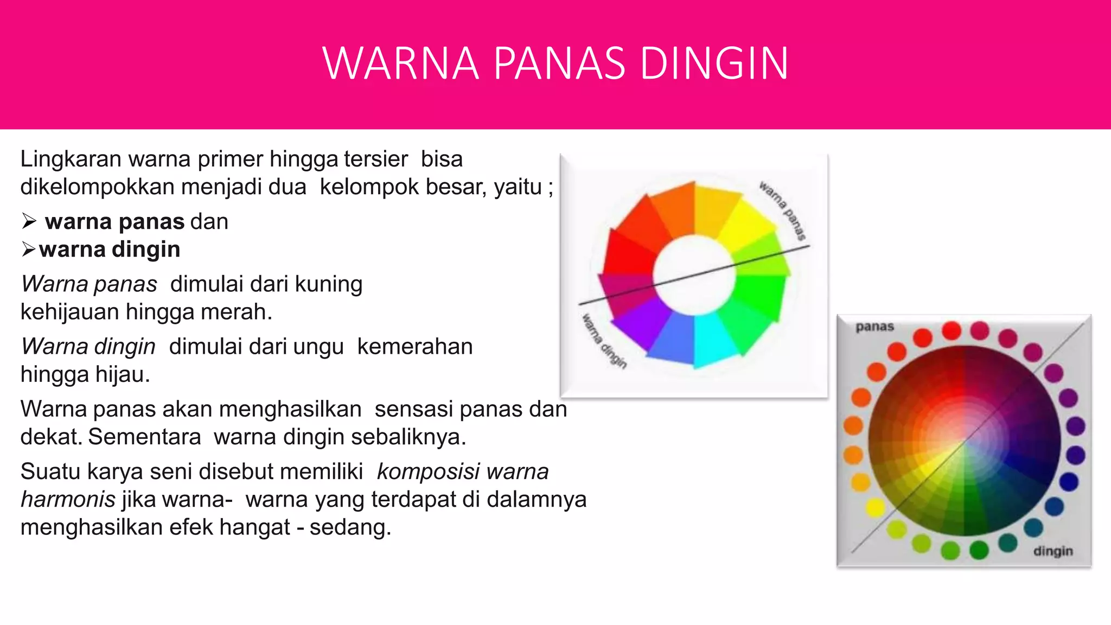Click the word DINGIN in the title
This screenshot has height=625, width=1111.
pyautogui.click(x=714, y=63)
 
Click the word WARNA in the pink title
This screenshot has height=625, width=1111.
pyautogui.click(x=401, y=63)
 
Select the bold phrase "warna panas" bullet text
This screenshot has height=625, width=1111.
pyautogui.click(x=115, y=222)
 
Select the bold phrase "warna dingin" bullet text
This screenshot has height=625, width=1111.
pyautogui.click(x=110, y=250)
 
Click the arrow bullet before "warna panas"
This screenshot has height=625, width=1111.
pyautogui.click(x=29, y=222)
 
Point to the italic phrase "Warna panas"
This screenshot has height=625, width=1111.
pyautogui.click(x=89, y=284)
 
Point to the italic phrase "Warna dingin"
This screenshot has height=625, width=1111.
pyautogui.click(x=88, y=347)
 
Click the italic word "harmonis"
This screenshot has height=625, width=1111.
pyautogui.click(x=68, y=499)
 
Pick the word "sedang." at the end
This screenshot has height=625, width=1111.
pyautogui.click(x=350, y=527)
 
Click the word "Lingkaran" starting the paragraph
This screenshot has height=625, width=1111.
pyautogui.click(x=71, y=160)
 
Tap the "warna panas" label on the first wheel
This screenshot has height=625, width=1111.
pyautogui.click(x=782, y=211)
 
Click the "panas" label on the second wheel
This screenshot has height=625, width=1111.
pyautogui.click(x=874, y=327)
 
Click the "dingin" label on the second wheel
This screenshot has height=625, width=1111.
pyautogui.click(x=1053, y=551)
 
